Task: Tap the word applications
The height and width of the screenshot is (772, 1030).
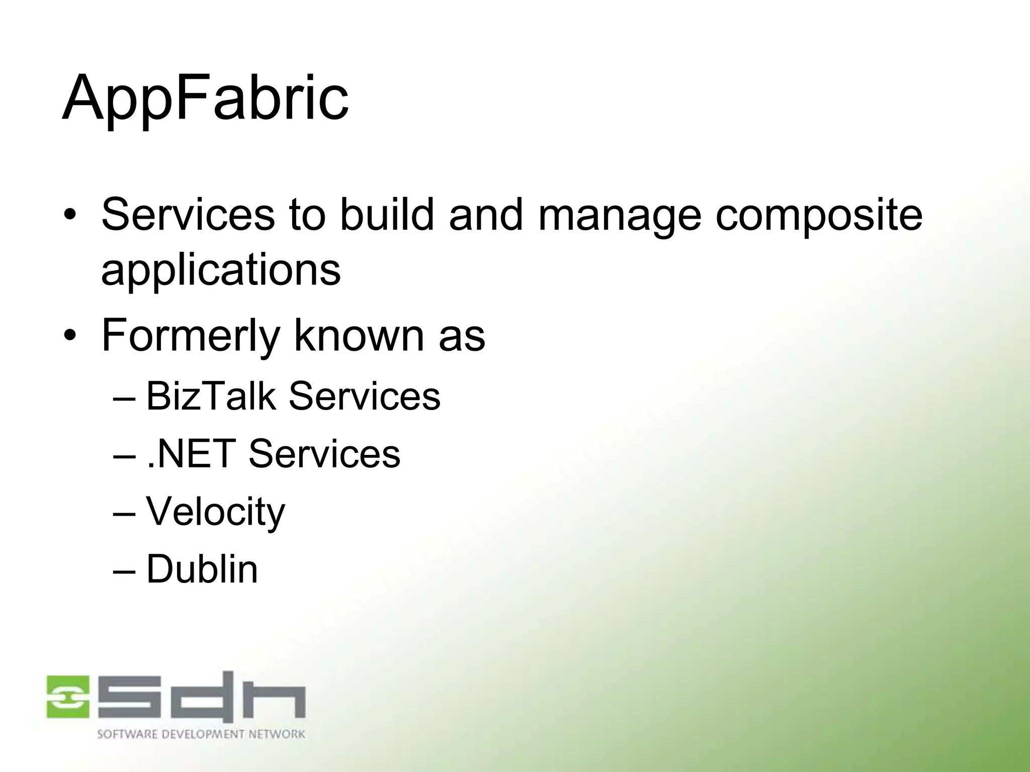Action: coord(221,270)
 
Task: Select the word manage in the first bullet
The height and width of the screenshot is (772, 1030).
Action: coord(619,215)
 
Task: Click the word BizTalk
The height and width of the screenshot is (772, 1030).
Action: coord(211,397)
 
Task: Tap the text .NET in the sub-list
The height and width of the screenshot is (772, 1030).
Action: coord(191,454)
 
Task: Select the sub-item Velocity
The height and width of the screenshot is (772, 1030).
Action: coord(215,512)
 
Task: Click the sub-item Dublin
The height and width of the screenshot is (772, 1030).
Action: coord(202,569)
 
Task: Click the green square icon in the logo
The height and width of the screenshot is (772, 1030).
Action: coord(68,697)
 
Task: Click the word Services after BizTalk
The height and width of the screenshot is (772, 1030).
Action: coord(364,397)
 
